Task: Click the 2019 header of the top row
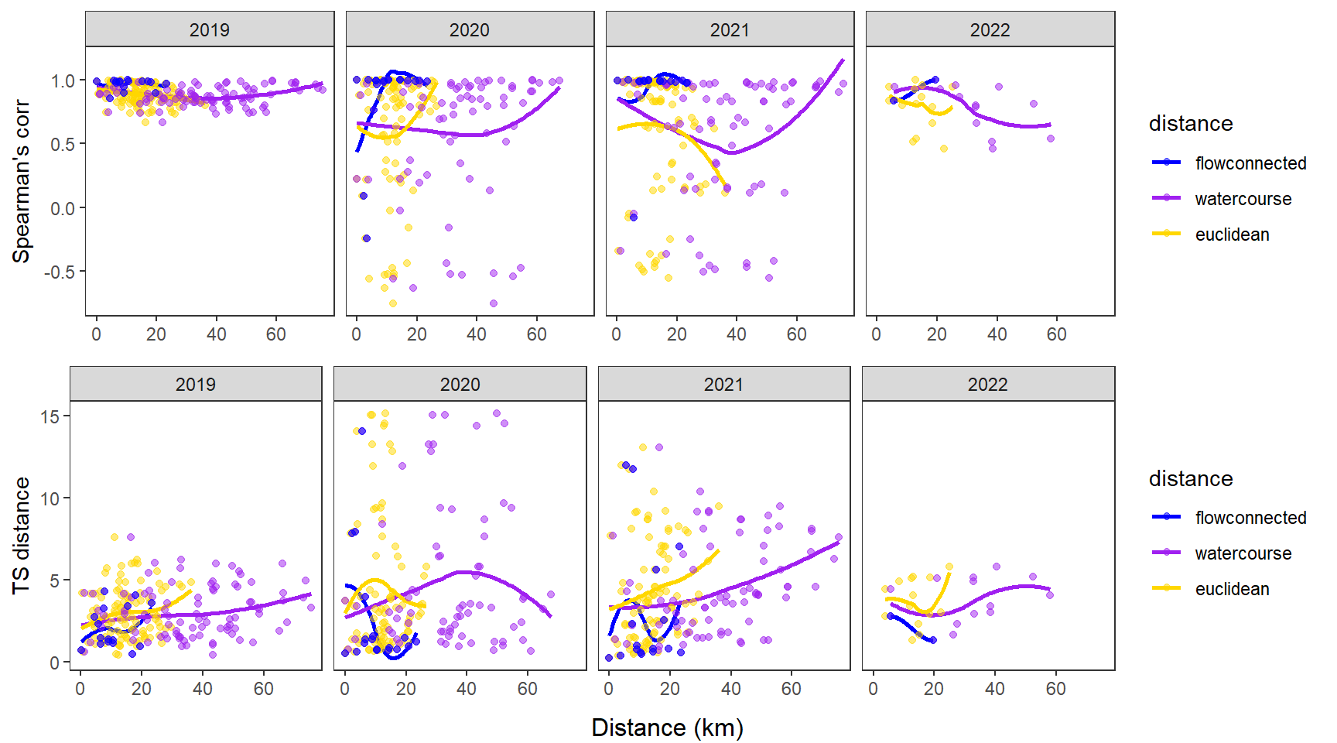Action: point(209,30)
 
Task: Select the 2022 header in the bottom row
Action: point(987,385)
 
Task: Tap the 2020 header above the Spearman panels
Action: point(469,30)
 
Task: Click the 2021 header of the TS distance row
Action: point(723,385)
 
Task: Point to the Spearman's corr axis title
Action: point(22,181)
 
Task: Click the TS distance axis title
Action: point(22,536)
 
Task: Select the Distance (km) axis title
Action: point(667,728)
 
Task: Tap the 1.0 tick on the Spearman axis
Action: point(63,80)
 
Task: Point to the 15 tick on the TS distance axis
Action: point(50,416)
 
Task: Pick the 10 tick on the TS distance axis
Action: point(50,498)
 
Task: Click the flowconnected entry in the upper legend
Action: point(1250,163)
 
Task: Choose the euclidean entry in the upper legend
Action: point(1232,235)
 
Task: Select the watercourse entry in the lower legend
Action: point(1243,553)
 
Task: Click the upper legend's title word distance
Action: point(1191,124)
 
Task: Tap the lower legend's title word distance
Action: point(1191,478)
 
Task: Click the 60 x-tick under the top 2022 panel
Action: point(1056,334)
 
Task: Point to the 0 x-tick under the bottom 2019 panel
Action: point(80,689)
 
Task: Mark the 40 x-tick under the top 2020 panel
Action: point(477,334)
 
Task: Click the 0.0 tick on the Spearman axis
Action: point(63,208)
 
